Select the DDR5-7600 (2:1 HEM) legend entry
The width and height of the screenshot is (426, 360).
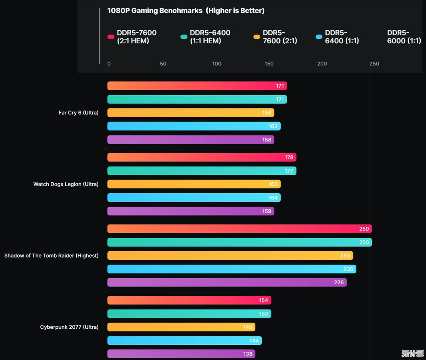coord(137,37)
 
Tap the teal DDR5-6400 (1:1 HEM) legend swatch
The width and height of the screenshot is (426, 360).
coord(184,37)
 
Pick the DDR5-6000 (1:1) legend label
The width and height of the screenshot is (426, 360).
coord(404,37)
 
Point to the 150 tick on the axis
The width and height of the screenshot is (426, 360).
coord(269,64)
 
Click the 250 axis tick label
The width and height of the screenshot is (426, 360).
coord(374,64)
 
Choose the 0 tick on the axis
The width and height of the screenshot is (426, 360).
coord(109,64)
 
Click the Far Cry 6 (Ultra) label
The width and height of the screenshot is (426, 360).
coord(78,113)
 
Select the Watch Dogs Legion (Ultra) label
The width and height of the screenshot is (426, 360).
coord(66,184)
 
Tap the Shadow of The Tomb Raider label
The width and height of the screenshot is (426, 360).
coord(51,256)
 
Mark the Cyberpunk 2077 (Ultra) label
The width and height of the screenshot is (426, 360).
coord(69,327)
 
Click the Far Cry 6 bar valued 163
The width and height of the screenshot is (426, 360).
coord(193,126)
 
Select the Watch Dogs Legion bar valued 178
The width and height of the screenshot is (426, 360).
coord(201,157)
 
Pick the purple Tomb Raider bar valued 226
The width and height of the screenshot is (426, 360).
coord(226,282)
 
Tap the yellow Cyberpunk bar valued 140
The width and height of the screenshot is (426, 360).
coord(181,327)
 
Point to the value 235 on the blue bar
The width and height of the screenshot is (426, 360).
coord(348,269)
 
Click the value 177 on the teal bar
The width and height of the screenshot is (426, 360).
coord(289,171)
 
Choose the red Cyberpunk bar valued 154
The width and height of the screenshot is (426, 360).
coord(189,300)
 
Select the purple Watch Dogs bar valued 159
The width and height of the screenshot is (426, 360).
coord(190,211)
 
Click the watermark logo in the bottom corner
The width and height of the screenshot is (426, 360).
coord(413,353)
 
